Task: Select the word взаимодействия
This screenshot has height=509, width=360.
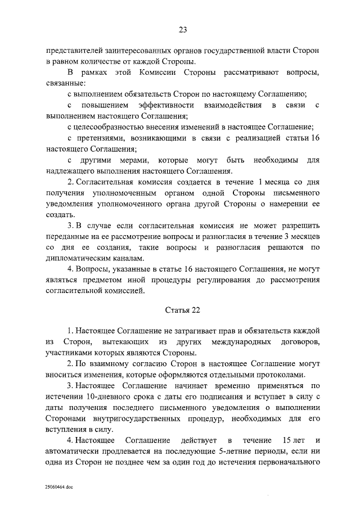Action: click(x=232, y=105)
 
